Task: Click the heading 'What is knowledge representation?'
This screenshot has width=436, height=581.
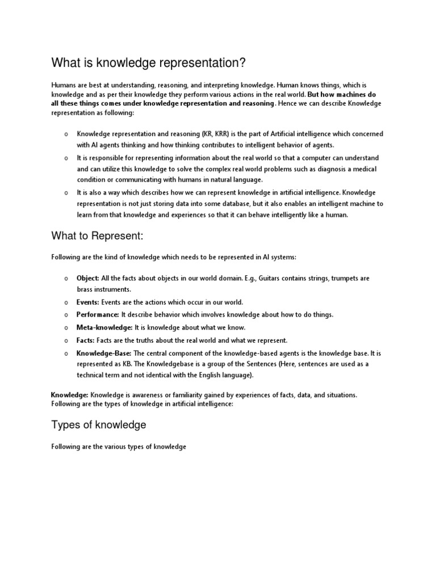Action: pos(149,62)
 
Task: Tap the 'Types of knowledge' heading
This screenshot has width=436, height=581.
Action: pos(99,425)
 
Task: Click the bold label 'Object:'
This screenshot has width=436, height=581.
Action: pos(88,279)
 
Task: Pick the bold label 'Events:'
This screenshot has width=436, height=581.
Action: pos(88,302)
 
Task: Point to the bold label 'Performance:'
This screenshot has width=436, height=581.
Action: pos(98,314)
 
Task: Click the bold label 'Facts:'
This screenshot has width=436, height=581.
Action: pos(86,340)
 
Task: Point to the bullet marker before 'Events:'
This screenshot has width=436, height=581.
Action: pos(66,303)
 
